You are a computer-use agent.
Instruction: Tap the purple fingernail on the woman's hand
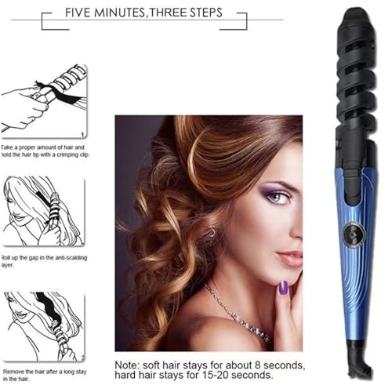coord(283,289)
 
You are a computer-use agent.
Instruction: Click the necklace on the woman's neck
coord(235,310)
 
